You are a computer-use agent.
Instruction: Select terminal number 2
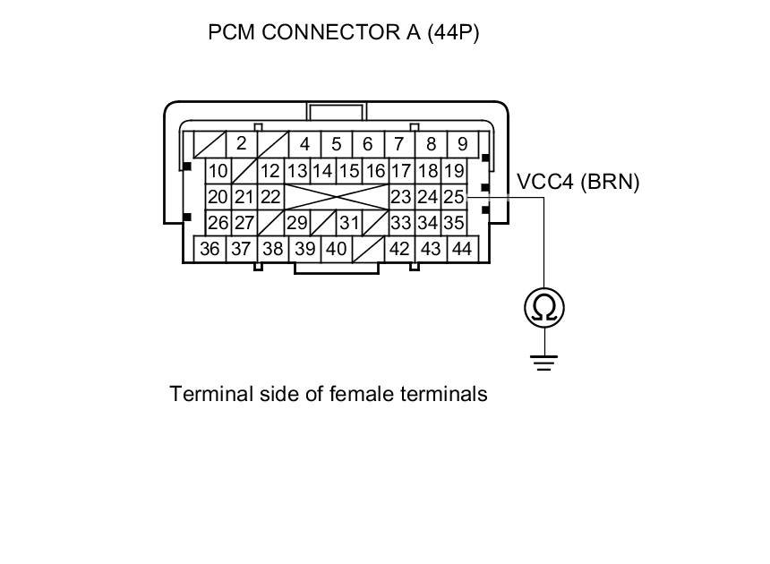point(241,143)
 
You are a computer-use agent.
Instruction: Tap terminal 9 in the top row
point(462,143)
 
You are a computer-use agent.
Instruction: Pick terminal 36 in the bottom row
point(210,249)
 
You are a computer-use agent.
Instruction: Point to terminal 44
point(461,249)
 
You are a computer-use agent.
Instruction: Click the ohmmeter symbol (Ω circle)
point(544,308)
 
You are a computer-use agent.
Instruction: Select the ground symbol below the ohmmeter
point(544,363)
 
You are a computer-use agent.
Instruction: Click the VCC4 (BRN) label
point(578,182)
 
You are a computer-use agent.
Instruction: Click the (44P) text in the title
point(453,33)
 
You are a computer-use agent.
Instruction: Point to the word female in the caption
point(362,393)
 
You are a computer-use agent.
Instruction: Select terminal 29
point(296,223)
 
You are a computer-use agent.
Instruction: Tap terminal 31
point(349,223)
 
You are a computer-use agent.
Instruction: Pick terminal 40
point(336,249)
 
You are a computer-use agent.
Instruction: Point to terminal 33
point(401,223)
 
